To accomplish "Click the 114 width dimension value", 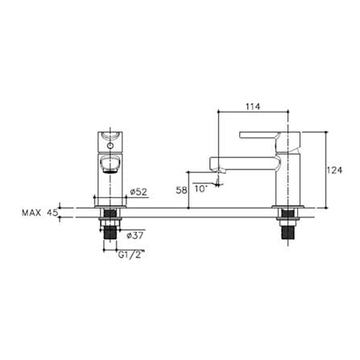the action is click(253, 106).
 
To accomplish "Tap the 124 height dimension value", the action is click(335, 170).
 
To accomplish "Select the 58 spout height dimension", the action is click(181, 190).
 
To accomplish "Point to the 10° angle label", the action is click(201, 188).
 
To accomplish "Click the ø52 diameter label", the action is click(139, 192).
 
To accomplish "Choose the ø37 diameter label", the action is click(134, 235).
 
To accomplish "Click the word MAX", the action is click(31, 213).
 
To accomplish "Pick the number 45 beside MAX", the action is click(52, 213).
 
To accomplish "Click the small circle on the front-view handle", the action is click(110, 146).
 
